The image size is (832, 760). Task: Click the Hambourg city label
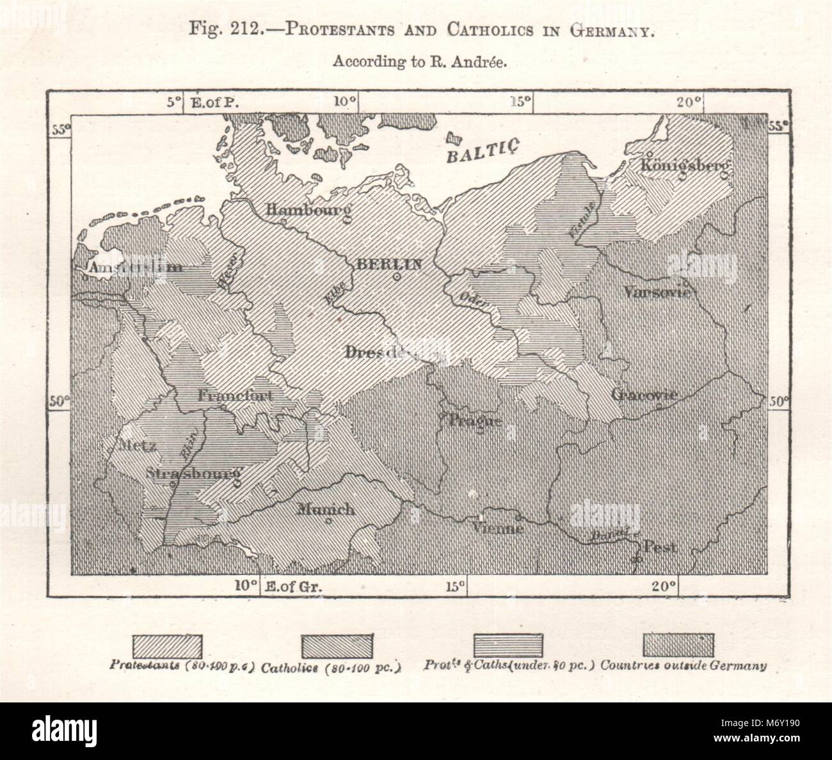tap(308, 209)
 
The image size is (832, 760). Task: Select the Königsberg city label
tap(684, 165)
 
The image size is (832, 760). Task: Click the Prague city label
tap(474, 420)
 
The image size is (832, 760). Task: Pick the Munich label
tap(326, 509)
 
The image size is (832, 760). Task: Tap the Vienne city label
tap(498, 528)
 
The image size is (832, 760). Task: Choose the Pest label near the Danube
tap(660, 548)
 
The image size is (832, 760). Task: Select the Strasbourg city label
tap(193, 474)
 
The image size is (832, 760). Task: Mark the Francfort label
tap(235, 396)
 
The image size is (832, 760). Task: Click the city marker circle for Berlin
tap(397, 277)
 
